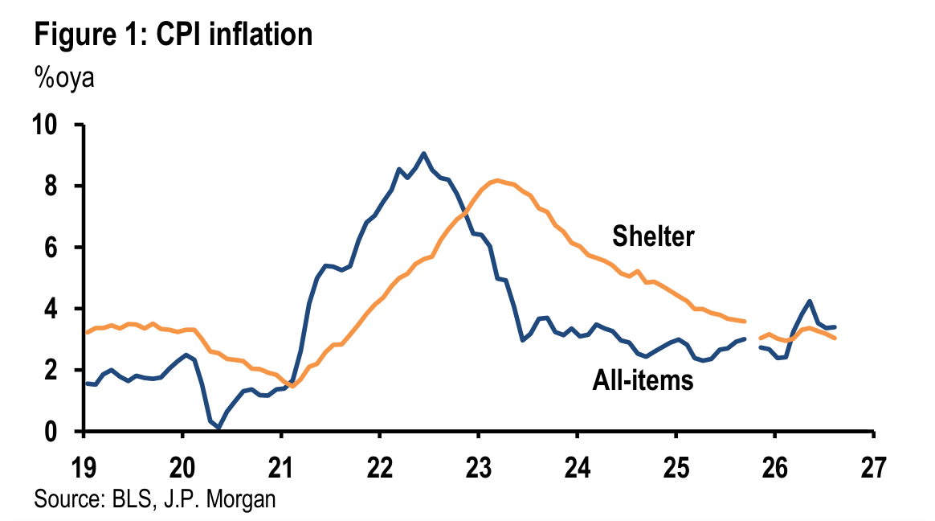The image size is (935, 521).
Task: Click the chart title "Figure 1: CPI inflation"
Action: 174,34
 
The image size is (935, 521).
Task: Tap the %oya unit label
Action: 63,78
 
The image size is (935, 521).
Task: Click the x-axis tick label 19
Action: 84,467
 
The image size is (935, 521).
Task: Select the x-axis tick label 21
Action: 281,467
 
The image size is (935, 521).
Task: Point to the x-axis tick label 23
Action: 478,467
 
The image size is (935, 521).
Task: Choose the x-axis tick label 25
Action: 676,467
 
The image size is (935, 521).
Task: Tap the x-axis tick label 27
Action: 874,467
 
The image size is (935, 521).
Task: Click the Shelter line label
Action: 654,236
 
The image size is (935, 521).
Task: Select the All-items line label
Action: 643,380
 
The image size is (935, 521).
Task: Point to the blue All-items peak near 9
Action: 423,154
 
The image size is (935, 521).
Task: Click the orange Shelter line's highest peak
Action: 497,180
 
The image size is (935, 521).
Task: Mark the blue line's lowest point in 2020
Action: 218,427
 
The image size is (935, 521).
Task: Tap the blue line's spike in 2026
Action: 809,301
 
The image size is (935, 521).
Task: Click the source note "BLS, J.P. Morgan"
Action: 194,499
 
